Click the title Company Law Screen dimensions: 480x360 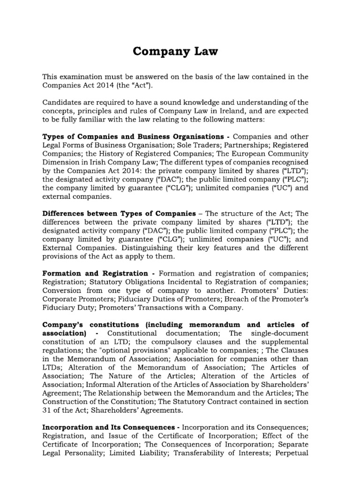tap(176, 51)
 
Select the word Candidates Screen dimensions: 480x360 tap(64, 102)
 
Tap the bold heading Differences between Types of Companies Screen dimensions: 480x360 tap(119, 213)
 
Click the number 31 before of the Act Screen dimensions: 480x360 tap(47, 410)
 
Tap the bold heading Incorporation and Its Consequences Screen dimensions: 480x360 tap(110, 427)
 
